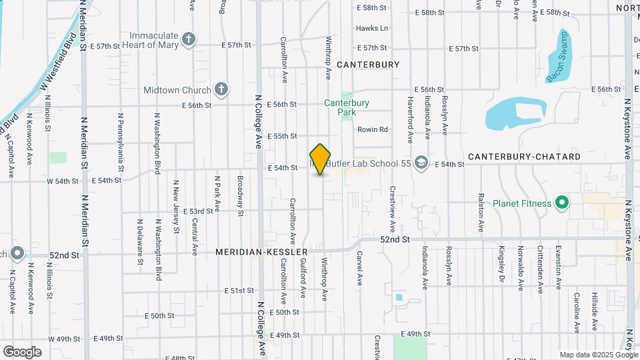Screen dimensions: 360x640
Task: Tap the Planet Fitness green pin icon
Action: (562, 203)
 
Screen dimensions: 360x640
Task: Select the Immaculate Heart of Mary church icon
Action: (189, 39)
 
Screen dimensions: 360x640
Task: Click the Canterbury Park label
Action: (347, 107)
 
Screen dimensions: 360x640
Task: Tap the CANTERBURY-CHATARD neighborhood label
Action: (524, 156)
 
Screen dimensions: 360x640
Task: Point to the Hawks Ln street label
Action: (371, 28)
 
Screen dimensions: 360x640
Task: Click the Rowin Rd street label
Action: (372, 129)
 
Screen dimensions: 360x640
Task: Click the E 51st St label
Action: (239, 291)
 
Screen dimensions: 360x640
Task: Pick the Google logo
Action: (22, 351)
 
